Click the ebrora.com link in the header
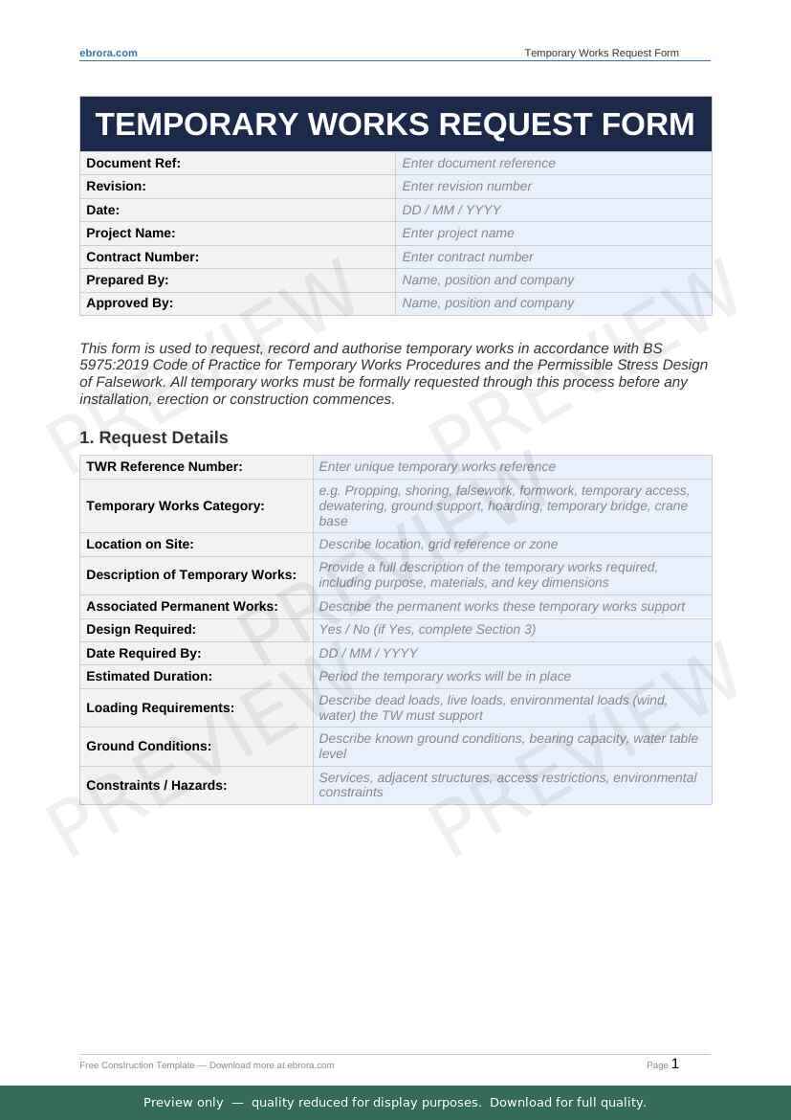108,53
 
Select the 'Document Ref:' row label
133,163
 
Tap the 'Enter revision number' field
467,186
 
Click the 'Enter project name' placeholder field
458,233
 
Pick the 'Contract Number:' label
143,257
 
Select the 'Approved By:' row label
130,302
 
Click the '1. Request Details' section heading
154,437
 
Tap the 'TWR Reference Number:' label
165,466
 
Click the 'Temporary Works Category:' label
175,505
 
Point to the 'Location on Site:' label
140,544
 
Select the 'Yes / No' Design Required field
427,629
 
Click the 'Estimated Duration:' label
148,676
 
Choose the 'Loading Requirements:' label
160,707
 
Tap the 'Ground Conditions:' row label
149,746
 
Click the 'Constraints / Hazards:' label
157,785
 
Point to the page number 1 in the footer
675,1064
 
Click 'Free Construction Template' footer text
137,1064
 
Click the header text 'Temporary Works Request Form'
602,53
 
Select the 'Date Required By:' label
143,653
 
